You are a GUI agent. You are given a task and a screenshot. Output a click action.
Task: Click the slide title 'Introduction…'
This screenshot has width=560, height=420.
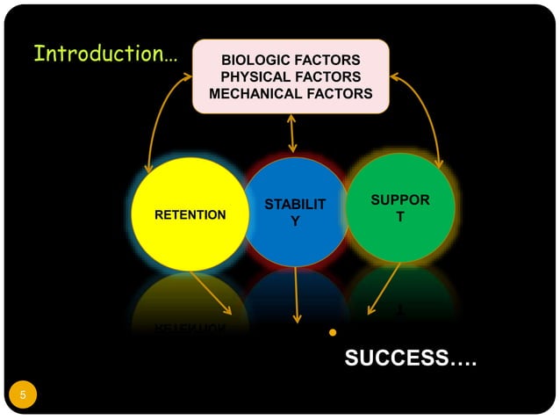(x=104, y=54)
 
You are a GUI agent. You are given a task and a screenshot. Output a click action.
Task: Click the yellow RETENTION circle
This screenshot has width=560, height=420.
(x=190, y=214)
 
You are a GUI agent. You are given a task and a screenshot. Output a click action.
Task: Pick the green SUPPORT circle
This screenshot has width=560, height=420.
(x=400, y=208)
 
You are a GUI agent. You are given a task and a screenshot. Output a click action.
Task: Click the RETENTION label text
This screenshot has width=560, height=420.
(x=190, y=214)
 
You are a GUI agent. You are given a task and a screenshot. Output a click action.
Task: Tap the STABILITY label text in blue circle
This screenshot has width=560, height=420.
(x=295, y=214)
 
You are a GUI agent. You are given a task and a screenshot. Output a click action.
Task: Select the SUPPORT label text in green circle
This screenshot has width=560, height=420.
(x=400, y=208)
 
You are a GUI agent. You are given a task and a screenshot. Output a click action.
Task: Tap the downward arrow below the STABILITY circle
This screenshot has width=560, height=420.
(x=297, y=296)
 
